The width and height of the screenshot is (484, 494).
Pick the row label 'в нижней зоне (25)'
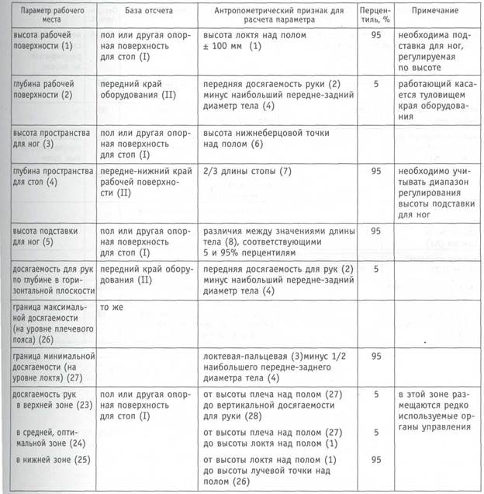click(48, 459)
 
